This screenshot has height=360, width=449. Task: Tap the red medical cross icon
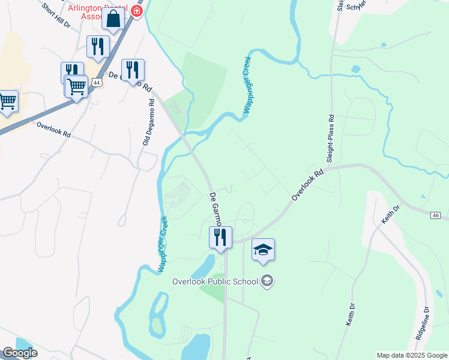(x=137, y=11)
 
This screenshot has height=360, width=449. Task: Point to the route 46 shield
(x=436, y=215)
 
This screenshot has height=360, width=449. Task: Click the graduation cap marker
(x=263, y=249)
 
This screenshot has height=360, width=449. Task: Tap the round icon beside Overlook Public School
(x=267, y=281)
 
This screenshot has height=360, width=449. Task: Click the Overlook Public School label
(x=215, y=281)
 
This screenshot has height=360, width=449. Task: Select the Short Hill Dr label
(x=56, y=16)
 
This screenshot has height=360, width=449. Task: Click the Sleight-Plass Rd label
(x=330, y=139)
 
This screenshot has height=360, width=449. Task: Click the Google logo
(x=20, y=353)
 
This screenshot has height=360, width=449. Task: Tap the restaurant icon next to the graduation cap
(x=220, y=237)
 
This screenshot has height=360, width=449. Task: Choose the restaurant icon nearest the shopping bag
(x=97, y=47)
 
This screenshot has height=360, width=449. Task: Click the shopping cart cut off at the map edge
(x=7, y=101)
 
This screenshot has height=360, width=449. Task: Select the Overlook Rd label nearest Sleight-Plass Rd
(x=307, y=185)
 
